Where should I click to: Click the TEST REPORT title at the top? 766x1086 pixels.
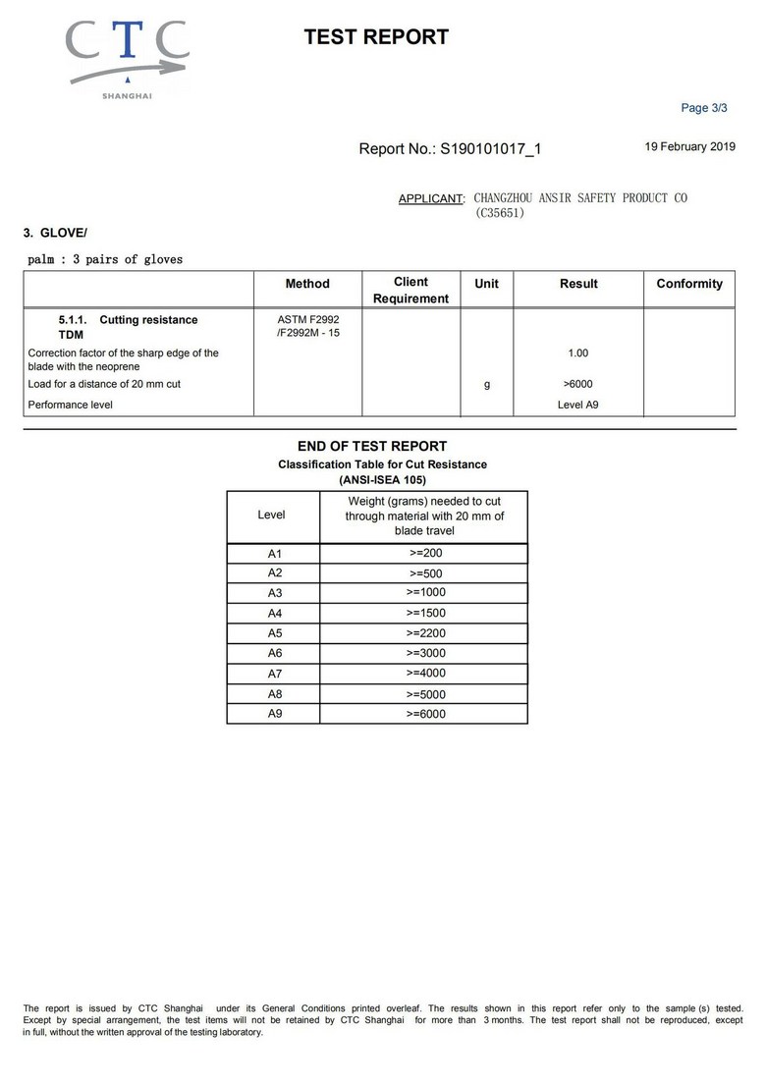click(376, 37)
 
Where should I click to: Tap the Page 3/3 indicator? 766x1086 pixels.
click(704, 108)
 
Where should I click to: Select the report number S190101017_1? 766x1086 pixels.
click(490, 149)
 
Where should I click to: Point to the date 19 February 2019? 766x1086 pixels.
click(689, 146)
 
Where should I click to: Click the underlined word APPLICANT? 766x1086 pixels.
click(430, 199)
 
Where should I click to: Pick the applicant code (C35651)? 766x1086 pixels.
click(500, 212)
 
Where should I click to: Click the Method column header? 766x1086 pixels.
click(307, 284)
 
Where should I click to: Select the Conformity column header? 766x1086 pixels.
click(688, 284)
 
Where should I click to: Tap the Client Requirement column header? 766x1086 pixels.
click(410, 290)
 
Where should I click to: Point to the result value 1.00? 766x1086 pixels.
click(577, 353)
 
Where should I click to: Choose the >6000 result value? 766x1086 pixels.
click(577, 384)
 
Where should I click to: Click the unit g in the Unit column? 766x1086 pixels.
click(486, 385)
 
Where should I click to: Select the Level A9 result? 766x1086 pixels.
click(577, 405)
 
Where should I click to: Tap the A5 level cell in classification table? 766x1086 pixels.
click(275, 633)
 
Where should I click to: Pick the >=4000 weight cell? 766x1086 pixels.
click(425, 673)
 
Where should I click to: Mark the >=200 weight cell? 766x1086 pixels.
click(425, 553)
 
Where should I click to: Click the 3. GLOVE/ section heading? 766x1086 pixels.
click(55, 233)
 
